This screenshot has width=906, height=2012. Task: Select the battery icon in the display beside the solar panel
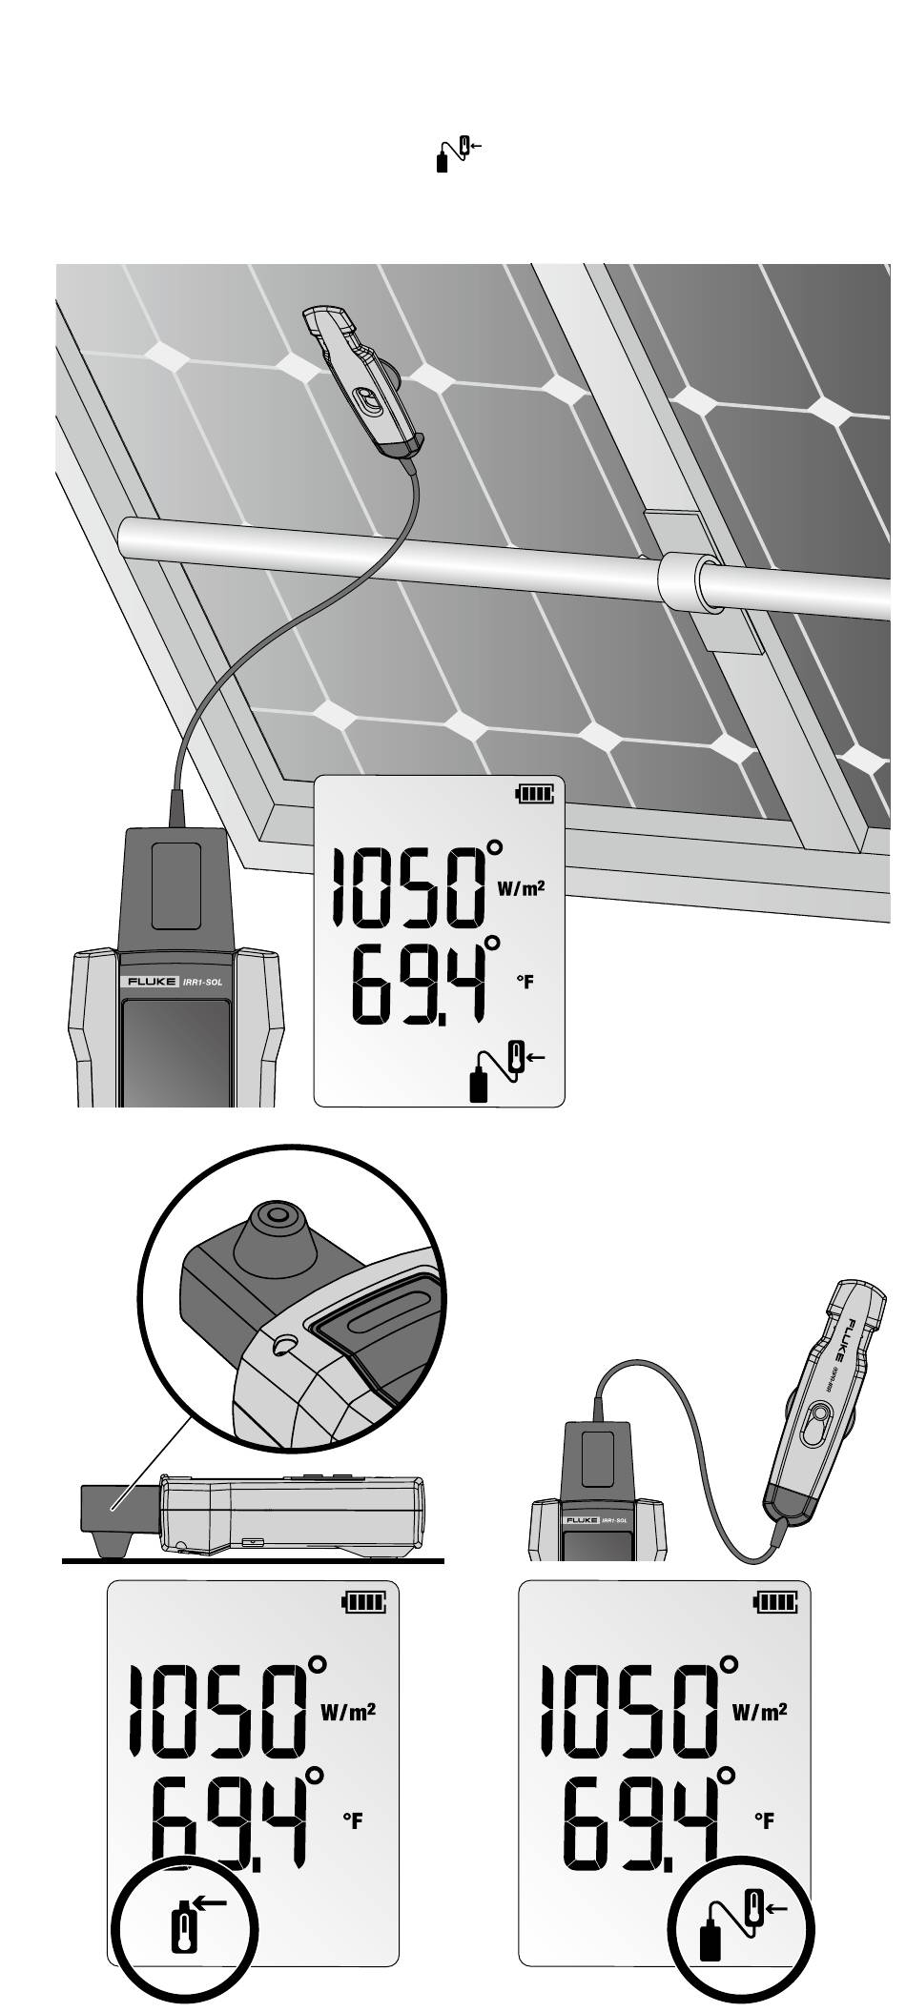coord(534,793)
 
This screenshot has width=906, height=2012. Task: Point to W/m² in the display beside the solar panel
coord(521,889)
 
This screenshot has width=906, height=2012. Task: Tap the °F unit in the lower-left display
coord(353,1821)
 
